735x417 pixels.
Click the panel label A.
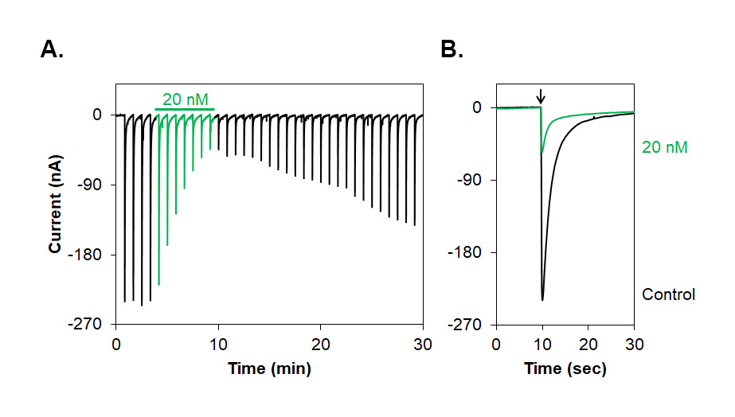(52, 50)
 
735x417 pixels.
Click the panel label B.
(452, 50)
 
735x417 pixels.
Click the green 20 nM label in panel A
(185, 99)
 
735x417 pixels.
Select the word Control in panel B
(668, 294)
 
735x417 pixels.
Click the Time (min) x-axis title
(269, 368)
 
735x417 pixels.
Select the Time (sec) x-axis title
(565, 368)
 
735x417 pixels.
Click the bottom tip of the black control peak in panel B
(542, 300)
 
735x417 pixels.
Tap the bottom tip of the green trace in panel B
(542, 151)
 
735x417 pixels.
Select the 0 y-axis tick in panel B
(476, 107)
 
